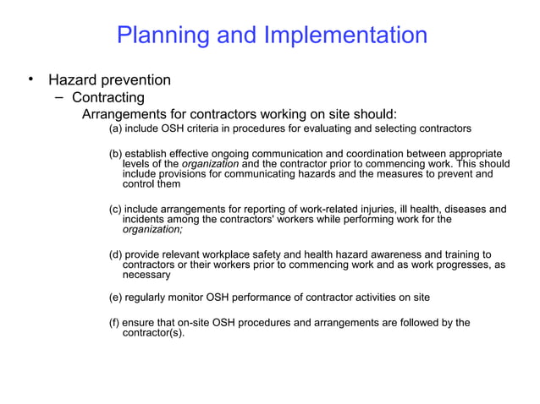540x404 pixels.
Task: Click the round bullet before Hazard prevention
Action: click(30, 79)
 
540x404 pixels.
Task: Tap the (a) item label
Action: click(117, 130)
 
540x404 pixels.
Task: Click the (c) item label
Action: click(117, 209)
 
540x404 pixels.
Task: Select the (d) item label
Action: click(117, 254)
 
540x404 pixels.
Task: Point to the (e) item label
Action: click(117, 298)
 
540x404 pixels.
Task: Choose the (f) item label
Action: click(116, 323)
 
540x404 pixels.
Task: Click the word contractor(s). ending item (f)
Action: click(154, 333)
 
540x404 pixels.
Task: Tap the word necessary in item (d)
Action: click(147, 276)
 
